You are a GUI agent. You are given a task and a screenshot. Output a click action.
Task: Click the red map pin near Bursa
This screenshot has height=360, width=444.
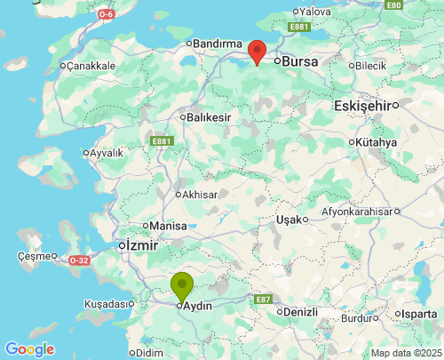257,52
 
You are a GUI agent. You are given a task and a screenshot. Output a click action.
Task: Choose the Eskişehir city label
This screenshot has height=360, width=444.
362,106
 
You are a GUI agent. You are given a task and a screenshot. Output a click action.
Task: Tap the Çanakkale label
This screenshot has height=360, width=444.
89,66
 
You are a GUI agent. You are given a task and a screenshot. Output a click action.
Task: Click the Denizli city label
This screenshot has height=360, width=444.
305,313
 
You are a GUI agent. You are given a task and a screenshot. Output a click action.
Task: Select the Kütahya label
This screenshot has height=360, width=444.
377,142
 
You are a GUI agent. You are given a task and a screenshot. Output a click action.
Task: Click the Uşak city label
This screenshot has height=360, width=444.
289,219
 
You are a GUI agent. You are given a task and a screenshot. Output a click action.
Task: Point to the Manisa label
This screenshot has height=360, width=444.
169,226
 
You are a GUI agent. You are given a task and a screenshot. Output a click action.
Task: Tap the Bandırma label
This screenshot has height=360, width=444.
218,44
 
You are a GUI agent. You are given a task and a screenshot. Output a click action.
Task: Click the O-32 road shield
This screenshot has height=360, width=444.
79,260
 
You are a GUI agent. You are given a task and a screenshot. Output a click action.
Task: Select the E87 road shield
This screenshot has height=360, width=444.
263,300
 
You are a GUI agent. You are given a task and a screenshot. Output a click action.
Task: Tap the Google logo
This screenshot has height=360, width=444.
29,349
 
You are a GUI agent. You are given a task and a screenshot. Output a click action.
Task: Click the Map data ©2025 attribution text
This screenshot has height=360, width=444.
405,353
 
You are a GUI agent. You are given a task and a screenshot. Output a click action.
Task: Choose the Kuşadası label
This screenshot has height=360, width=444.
104,304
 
